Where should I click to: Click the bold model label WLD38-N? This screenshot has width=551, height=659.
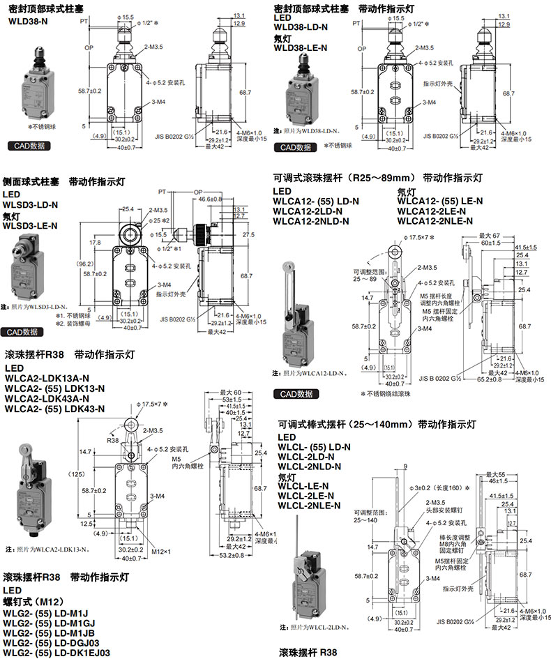pos(29,21)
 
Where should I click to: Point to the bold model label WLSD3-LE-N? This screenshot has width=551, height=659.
pos(31,225)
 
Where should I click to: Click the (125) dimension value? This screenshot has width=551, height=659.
pos(93,474)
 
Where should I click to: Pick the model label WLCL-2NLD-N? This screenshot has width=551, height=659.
pos(309,467)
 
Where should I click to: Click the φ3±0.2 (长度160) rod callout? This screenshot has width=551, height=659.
pos(438,488)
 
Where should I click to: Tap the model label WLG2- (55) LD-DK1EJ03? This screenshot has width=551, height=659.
pos(56,652)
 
